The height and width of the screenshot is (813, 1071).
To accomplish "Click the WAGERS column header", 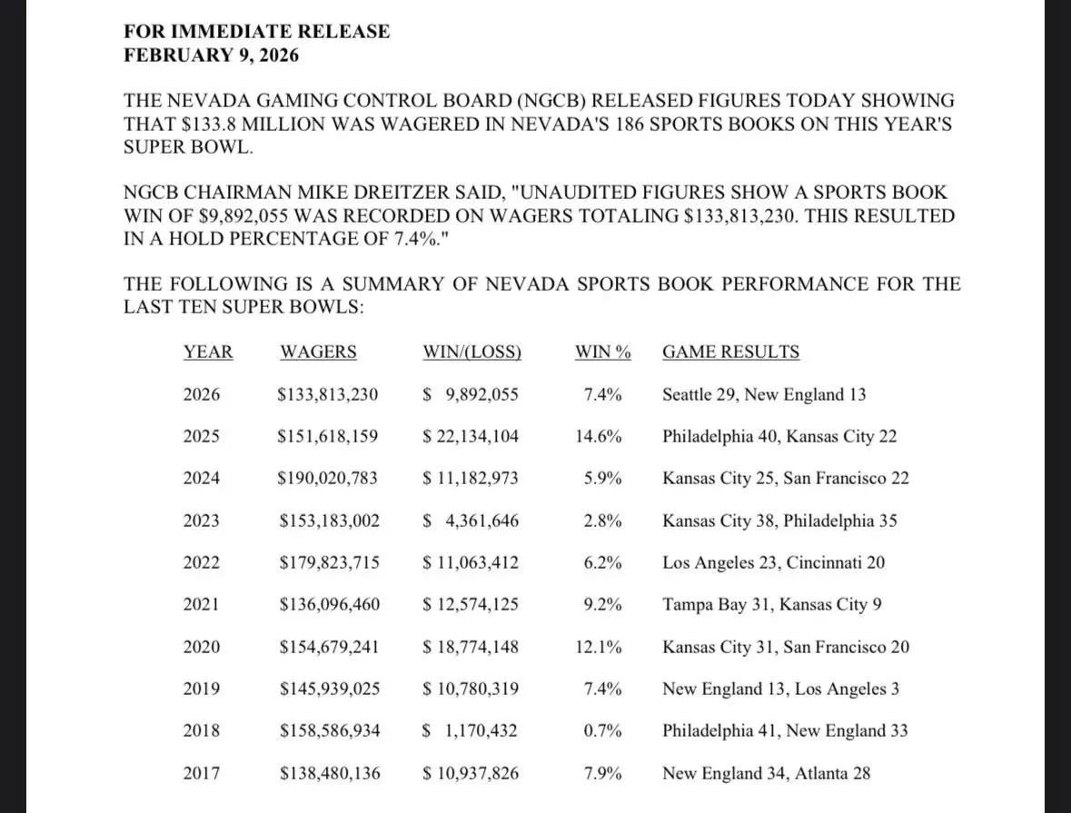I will coord(318,352).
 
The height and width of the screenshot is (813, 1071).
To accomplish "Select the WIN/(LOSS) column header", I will coord(471,352).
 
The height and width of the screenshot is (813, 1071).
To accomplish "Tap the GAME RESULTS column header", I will coord(730,352).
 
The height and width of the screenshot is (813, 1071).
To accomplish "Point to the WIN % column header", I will coord(602,352).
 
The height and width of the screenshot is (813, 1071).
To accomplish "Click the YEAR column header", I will coord(208,352).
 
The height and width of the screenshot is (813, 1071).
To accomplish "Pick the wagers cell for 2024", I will coord(327,478).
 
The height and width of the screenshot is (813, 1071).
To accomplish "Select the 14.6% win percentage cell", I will coord(599,436).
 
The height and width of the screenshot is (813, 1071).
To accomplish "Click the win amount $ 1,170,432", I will coord(471,731).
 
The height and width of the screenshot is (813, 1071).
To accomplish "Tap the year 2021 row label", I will coord(201,605).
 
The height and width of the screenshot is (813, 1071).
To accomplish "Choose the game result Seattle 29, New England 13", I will coord(764,394).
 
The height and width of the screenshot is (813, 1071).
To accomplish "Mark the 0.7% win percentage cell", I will coord(602,731).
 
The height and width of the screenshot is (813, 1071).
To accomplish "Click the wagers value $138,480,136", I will coord(328,774).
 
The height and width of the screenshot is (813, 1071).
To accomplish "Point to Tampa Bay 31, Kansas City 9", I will coord(771,605).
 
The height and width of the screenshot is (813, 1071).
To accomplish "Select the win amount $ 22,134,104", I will coord(471,436).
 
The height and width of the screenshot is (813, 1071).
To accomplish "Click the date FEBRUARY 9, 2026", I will coord(211,55).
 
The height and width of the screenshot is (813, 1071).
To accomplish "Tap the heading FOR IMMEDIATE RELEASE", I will coord(257,32).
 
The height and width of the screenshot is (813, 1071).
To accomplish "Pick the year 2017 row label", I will coord(201,774).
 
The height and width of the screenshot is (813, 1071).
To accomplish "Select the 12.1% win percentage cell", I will coord(599,648).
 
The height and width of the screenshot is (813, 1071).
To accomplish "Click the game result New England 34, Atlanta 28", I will coord(766,774).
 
